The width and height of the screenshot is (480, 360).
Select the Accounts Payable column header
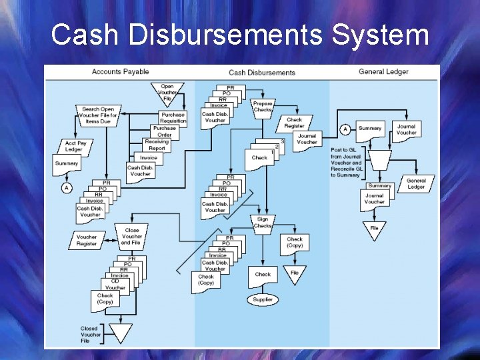click(x=120, y=71)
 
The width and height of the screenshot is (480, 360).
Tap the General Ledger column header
click(x=383, y=71)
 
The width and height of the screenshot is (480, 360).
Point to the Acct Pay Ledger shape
click(x=75, y=146)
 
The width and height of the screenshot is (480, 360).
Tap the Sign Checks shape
click(x=263, y=222)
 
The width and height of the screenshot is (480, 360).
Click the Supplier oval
click(x=263, y=300)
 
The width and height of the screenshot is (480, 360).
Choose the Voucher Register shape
click(x=87, y=240)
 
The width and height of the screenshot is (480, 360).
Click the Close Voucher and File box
click(x=131, y=237)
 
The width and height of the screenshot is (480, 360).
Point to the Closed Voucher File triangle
click(x=121, y=331)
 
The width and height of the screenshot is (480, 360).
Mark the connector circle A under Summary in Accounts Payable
click(x=67, y=188)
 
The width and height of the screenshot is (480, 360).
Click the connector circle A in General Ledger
click(x=345, y=129)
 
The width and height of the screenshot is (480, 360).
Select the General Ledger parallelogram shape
click(x=416, y=184)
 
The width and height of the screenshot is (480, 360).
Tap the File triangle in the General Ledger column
click(x=375, y=229)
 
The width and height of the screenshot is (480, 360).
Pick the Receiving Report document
click(x=157, y=145)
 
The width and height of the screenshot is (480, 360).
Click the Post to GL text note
click(x=347, y=163)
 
